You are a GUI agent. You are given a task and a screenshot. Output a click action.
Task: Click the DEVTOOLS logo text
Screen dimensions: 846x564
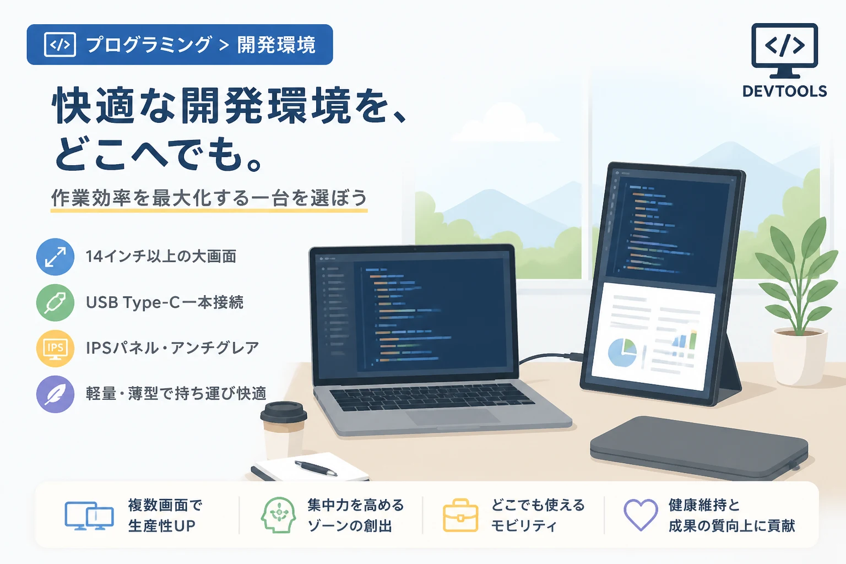tap(784, 91)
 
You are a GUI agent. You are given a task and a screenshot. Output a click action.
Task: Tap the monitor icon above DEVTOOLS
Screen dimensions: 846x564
tap(784, 51)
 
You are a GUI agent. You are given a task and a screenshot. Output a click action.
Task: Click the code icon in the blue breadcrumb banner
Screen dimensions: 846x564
tap(59, 45)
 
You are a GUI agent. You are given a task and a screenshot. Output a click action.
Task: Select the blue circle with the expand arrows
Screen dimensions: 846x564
tap(55, 257)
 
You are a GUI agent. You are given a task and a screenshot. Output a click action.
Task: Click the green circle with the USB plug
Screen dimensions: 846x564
tap(55, 302)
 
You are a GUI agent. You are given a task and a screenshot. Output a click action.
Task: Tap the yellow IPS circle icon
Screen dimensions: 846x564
tap(55, 348)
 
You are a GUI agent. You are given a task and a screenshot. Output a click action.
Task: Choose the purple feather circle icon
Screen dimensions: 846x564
tap(55, 394)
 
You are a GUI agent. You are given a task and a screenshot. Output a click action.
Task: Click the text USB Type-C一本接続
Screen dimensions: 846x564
tap(165, 302)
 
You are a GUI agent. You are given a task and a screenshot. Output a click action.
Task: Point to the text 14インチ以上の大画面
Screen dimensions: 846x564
tap(161, 257)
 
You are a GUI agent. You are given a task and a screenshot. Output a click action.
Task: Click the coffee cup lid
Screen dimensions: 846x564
tap(283, 412)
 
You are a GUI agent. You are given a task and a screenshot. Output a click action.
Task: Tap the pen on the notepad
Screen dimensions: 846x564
tap(316, 468)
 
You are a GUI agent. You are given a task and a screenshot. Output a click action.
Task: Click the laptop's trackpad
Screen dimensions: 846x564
tap(452, 416)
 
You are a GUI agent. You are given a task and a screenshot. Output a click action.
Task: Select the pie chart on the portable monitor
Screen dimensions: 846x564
tap(622, 352)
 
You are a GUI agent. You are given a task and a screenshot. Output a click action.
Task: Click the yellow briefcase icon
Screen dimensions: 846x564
tap(460, 516)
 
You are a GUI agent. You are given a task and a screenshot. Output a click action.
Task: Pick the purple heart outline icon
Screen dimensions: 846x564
tap(641, 514)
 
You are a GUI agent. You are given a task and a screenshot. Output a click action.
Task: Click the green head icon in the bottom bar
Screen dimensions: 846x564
tap(278, 515)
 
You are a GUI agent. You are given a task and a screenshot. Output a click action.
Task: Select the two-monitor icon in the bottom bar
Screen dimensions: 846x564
tap(89, 516)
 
